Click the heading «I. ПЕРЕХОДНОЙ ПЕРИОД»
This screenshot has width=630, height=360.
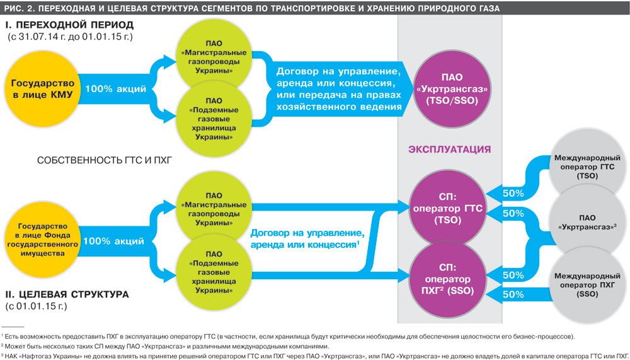[69, 25]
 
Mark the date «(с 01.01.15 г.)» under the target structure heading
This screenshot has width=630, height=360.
[37, 307]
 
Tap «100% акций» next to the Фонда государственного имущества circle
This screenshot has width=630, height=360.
[114, 240]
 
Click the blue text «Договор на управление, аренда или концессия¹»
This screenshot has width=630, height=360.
[305, 238]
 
